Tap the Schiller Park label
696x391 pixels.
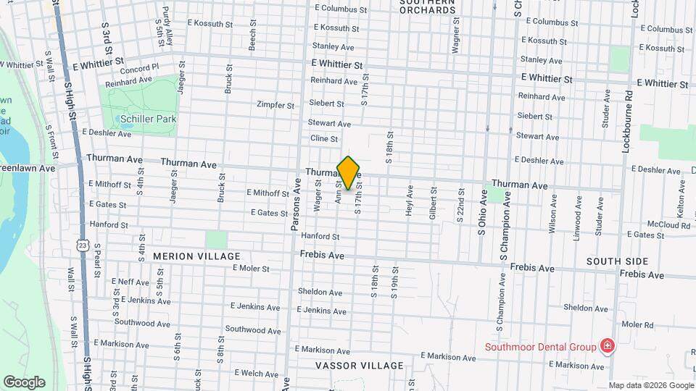coord(149,118)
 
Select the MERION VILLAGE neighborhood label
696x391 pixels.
coord(196,256)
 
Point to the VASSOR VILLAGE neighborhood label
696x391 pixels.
coord(359,366)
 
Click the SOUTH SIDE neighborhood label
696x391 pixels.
coord(616,261)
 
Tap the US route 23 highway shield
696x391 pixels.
coord(83,245)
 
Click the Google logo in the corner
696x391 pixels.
coord(24,382)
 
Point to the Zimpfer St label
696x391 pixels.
coord(275,105)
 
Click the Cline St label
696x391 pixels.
coord(324,138)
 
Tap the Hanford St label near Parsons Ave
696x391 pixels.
coord(320,236)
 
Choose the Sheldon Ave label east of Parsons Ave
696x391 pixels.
coord(320,293)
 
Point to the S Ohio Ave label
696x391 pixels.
coord(481,211)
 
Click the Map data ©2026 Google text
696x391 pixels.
coord(650,385)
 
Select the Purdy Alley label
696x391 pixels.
coord(167,22)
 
